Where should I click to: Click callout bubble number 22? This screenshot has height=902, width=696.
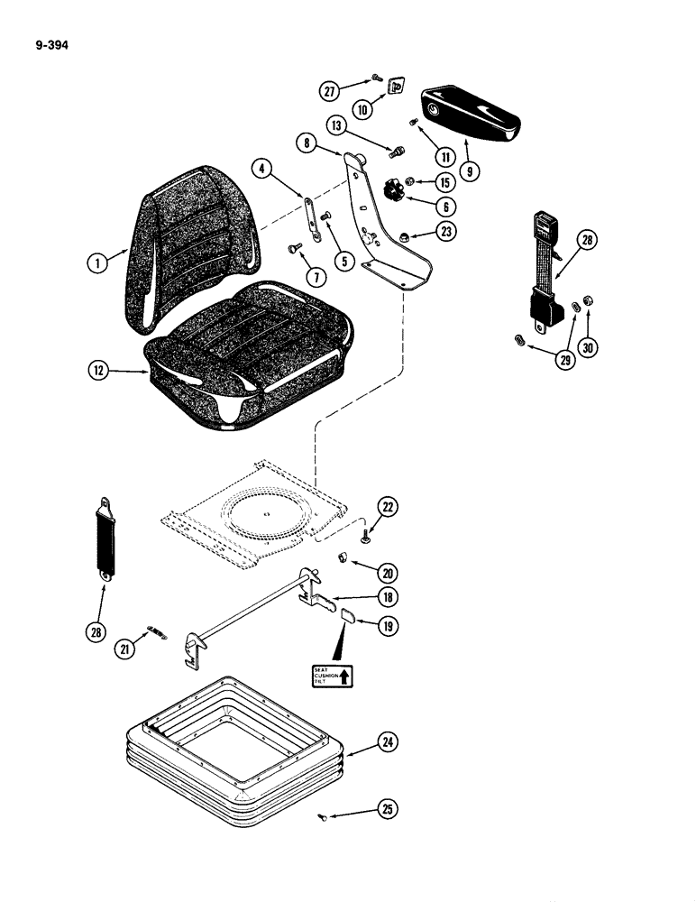388,508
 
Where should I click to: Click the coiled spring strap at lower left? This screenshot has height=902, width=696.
105,538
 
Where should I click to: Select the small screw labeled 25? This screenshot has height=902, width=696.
349,816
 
